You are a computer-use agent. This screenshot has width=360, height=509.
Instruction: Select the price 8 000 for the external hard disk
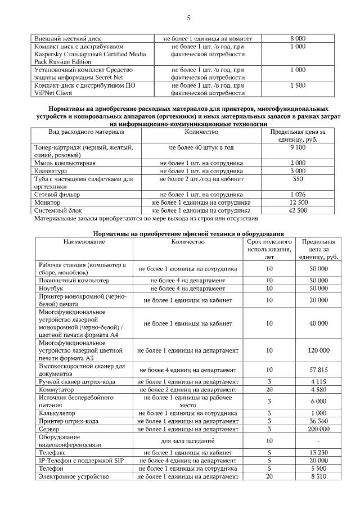coord(298,38)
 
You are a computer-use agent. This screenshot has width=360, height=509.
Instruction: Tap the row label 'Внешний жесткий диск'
coord(68,38)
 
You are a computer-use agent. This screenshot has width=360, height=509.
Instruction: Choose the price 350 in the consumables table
coord(298,179)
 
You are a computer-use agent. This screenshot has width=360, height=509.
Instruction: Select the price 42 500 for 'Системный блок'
coord(298,210)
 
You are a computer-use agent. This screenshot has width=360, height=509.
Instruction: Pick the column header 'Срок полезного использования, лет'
coord(269,249)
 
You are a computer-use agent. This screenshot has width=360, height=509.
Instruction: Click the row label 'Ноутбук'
coord(51,288)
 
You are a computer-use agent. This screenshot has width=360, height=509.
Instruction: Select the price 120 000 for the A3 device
coord(318,350)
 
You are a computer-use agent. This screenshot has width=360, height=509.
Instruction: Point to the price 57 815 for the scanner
coord(318,370)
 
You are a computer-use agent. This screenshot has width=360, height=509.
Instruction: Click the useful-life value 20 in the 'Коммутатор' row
coord(269,389)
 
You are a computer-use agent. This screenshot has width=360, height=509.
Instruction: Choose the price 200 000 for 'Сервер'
coord(318,429)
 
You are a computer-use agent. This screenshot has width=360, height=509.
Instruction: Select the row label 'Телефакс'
coord(53,452)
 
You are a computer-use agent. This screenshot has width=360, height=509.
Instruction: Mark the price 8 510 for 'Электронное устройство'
coord(318,476)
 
